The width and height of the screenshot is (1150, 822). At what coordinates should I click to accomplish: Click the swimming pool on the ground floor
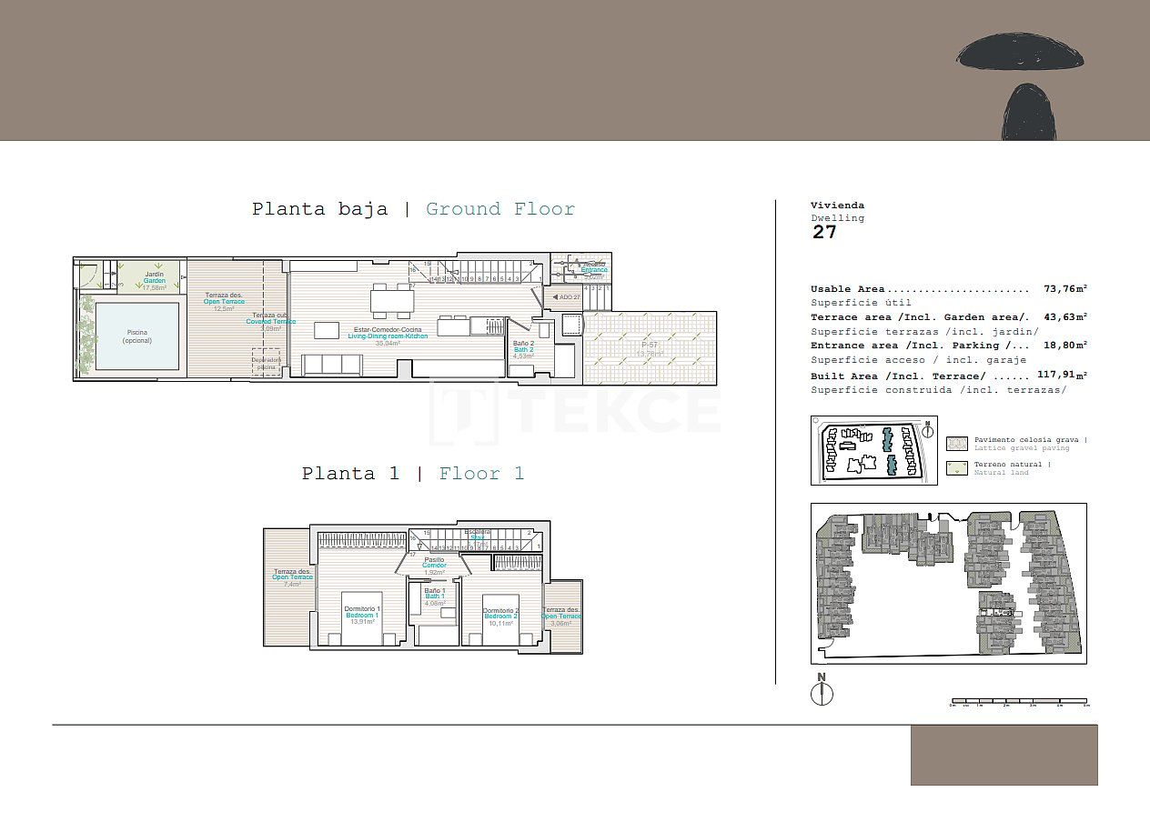[x=137, y=336]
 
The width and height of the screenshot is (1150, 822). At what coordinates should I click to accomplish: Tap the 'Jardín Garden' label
[x=154, y=280]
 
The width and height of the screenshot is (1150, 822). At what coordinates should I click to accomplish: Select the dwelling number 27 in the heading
[x=824, y=232]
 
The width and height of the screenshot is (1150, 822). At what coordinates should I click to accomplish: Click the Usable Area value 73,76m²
[x=1064, y=289]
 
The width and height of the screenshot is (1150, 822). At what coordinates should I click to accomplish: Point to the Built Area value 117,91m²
[x=1062, y=375]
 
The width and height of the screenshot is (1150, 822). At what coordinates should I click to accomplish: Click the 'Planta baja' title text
[x=319, y=209]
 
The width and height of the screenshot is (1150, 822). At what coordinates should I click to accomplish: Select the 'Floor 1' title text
[x=481, y=474]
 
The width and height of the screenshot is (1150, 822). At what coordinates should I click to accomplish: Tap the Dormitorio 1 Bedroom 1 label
[x=362, y=615]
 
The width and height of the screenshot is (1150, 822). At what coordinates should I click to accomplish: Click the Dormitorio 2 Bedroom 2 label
[x=500, y=616]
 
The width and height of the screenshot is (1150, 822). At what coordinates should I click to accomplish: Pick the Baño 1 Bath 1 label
[x=435, y=596]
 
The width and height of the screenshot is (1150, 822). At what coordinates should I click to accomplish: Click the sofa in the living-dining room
[x=333, y=365]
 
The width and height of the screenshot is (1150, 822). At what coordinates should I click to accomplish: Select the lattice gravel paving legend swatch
[x=957, y=444]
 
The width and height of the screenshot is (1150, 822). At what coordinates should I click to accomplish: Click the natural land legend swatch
[x=957, y=468]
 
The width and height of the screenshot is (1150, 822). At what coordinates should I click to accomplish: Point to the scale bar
[x=1019, y=701]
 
